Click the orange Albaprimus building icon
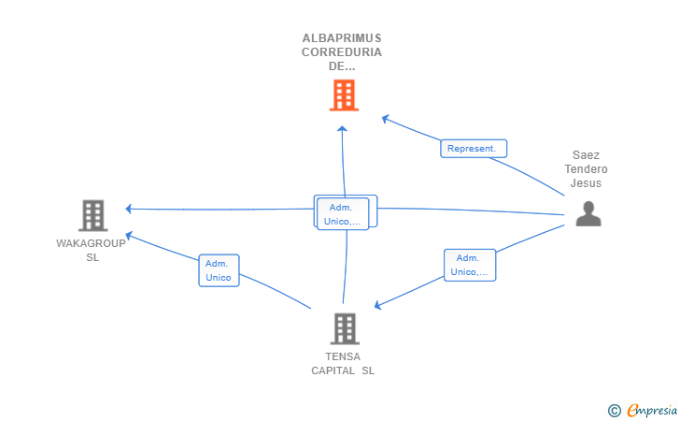(344, 94)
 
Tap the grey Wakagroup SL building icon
(92, 216)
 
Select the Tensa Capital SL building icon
(344, 328)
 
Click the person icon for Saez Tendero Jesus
(588, 215)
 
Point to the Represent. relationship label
(474, 149)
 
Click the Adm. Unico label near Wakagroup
(219, 270)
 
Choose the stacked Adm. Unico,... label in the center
(343, 214)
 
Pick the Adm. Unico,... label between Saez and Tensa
(469, 265)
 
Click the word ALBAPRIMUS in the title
(342, 38)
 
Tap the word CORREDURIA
(342, 52)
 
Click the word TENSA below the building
(343, 356)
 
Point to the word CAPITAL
(333, 370)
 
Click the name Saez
(587, 155)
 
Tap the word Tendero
(587, 169)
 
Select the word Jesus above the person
(587, 183)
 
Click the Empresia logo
(651, 410)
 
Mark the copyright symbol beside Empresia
(614, 410)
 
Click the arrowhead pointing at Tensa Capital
(377, 305)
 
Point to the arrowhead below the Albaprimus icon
(343, 128)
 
